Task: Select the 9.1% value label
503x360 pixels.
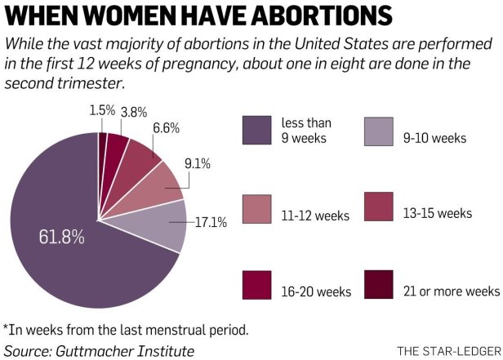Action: tap(197, 164)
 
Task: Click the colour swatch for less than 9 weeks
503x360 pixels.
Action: tap(256, 130)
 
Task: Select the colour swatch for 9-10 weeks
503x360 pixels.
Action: tap(379, 130)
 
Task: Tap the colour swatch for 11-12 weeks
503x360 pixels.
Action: tap(256, 208)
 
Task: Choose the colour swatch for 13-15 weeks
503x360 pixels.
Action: tap(379, 208)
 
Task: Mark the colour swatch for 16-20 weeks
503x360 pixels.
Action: tap(256, 285)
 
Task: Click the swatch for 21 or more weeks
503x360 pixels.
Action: tap(379, 285)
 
